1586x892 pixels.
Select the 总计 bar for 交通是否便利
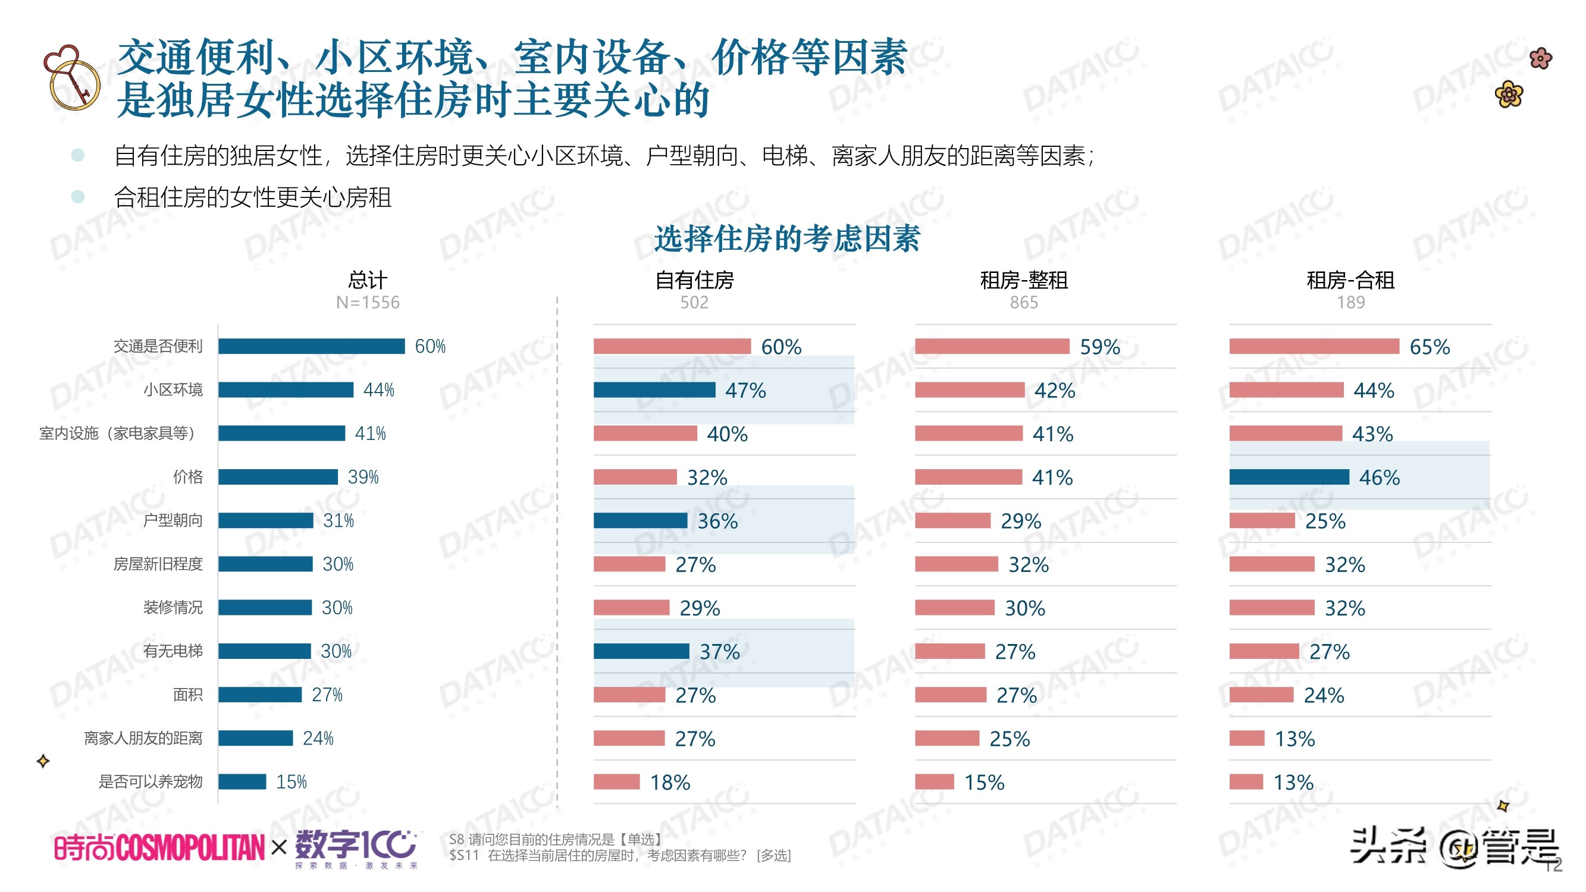point(311,346)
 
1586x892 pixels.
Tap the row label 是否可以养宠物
point(151,782)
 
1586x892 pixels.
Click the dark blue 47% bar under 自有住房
point(654,390)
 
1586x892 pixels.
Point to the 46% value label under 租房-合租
point(1378,478)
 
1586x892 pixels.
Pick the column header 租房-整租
point(1023,280)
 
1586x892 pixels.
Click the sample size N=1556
point(368,302)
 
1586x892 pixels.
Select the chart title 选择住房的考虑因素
point(786,239)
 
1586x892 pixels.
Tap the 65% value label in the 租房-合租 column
point(1429,347)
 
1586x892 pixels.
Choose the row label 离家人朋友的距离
point(143,738)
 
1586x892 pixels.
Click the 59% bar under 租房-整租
point(991,346)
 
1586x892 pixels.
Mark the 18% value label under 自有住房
point(670,783)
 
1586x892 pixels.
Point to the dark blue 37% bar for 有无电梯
point(641,651)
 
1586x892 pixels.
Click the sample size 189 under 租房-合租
point(1350,302)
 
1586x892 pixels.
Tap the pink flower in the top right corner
point(1540,59)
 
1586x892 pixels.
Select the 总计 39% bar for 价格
point(278,477)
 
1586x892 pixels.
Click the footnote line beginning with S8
point(556,839)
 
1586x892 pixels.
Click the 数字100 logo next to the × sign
point(356,847)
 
